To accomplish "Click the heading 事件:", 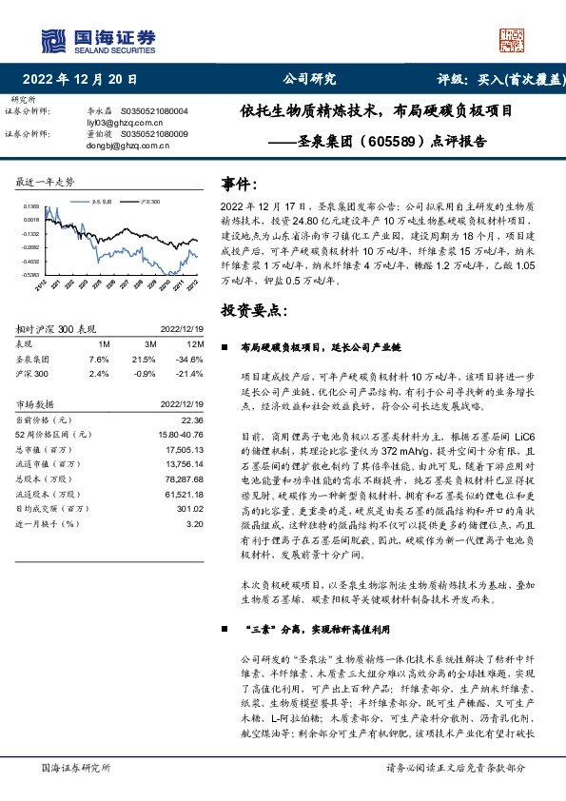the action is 239,183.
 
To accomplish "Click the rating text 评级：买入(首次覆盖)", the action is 496,79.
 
